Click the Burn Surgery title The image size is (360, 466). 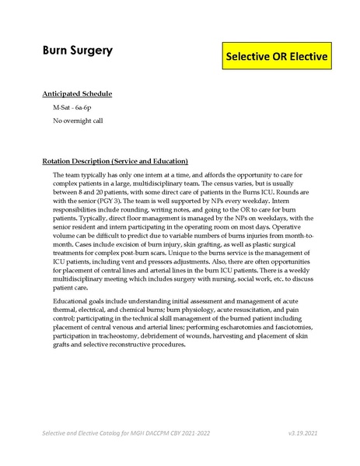click(77, 51)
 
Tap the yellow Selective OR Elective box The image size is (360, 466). click(277, 57)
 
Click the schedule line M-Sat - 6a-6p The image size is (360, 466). click(74, 108)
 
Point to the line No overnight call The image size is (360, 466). click(77, 121)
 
